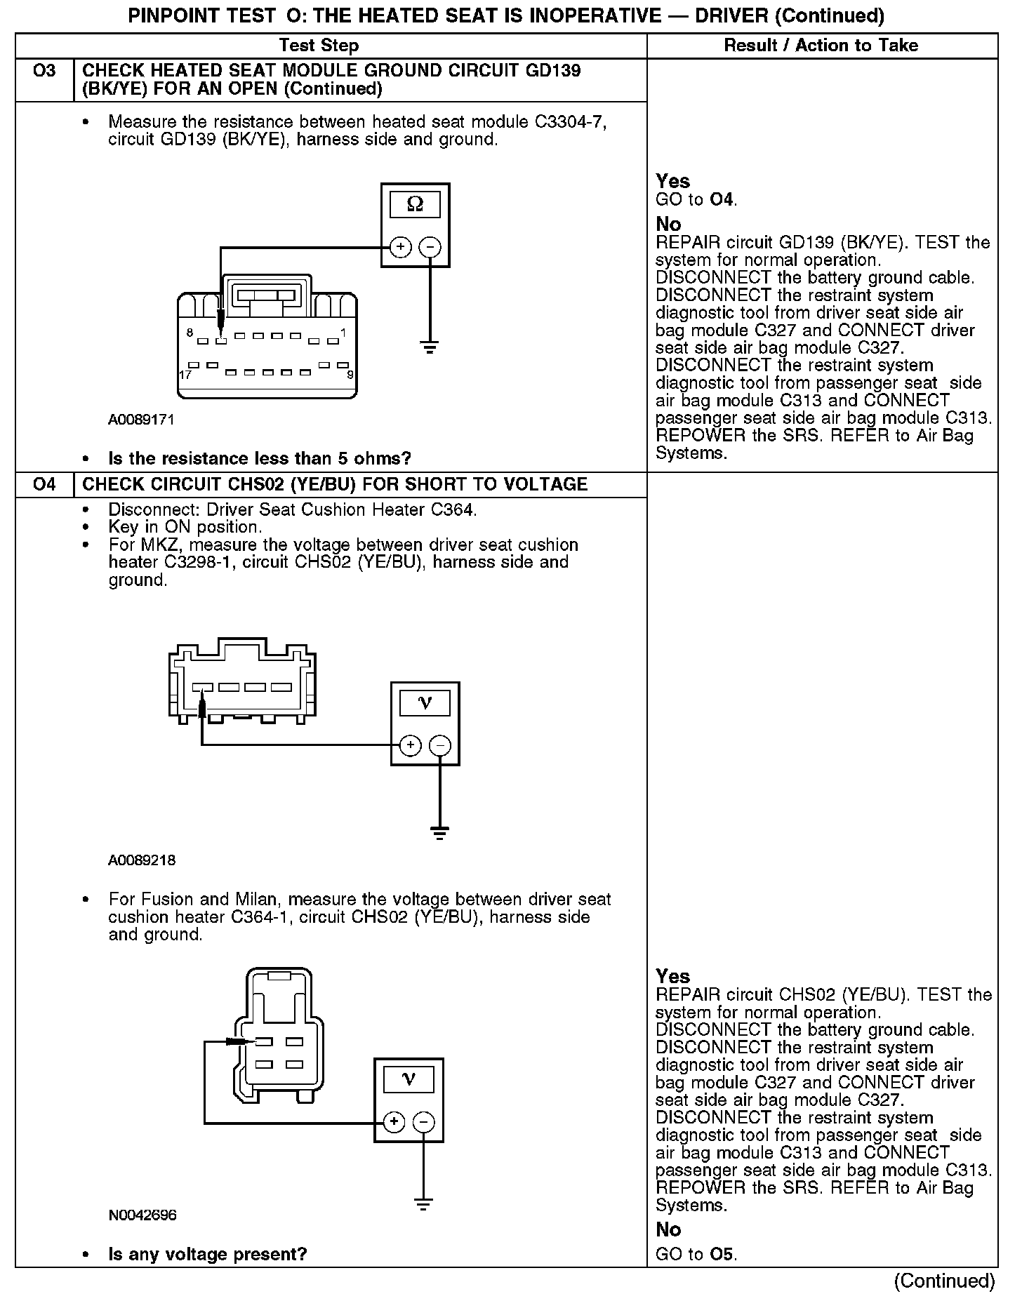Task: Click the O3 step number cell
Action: coord(44,71)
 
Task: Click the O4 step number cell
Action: coord(44,484)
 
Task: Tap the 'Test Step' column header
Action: coord(319,46)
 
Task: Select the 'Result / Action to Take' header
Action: coord(821,46)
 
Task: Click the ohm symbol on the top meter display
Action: coord(415,204)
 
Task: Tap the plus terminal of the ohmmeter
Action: coord(400,247)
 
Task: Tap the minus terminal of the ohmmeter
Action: coord(430,247)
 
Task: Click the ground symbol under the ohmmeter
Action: coord(430,347)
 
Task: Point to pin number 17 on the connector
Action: coord(185,375)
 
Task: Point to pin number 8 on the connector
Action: coord(190,332)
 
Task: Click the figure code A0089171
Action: coord(141,420)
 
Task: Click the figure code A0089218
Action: coord(141,860)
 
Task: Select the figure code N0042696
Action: coord(142,1215)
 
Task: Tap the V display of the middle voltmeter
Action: coord(425,702)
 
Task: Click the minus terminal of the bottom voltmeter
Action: coord(423,1122)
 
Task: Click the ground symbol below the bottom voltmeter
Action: coord(423,1205)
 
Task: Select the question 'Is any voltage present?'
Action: coord(207,1254)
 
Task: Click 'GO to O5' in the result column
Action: coord(696,1255)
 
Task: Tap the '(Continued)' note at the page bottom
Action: coord(944,1281)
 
